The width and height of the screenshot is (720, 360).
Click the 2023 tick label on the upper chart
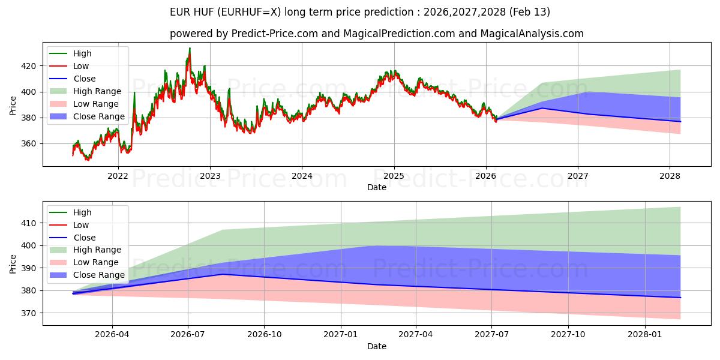tap(209, 176)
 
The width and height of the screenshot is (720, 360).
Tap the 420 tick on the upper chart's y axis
tap(28, 66)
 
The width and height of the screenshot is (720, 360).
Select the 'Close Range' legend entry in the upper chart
tap(99, 116)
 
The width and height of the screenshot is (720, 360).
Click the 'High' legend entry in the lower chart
tap(82, 212)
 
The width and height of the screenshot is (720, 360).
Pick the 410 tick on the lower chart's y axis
tap(28, 223)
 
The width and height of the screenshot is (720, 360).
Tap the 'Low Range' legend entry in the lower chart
tap(97, 263)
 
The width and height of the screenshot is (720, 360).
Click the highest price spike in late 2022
tap(190, 49)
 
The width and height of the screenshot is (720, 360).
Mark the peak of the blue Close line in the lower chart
tap(222, 274)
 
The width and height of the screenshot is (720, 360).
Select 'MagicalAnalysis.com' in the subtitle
tap(532, 34)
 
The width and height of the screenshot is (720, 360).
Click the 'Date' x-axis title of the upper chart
tap(376, 187)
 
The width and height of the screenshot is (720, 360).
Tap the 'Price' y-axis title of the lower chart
tap(13, 263)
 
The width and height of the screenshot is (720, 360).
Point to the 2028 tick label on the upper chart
tap(670, 176)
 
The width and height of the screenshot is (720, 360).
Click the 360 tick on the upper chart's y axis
tap(28, 144)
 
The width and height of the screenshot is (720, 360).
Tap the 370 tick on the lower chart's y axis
tap(28, 313)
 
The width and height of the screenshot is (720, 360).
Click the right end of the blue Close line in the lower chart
tap(680, 298)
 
